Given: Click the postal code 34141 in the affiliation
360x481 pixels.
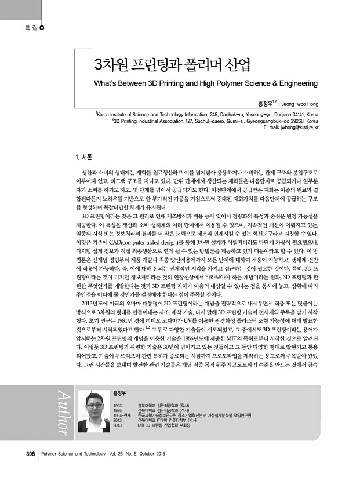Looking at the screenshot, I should (x=291, y=115).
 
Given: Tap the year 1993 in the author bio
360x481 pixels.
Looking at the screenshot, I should (x=118, y=405).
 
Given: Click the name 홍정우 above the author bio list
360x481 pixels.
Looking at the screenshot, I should (x=119, y=392).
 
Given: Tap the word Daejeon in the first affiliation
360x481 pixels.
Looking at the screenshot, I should (x=270, y=115).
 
